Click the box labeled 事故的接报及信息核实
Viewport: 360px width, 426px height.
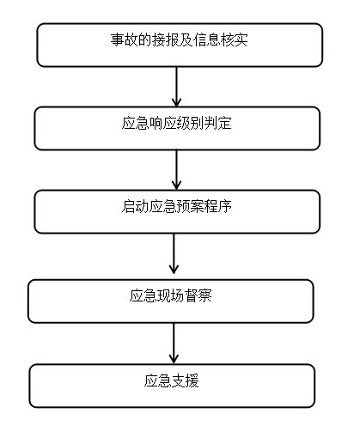180,45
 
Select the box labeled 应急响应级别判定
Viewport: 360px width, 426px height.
177,128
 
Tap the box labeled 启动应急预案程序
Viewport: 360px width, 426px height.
177,211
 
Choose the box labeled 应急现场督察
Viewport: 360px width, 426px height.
171,301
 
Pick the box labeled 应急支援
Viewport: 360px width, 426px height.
172,386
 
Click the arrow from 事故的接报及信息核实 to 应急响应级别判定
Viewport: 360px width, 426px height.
176,87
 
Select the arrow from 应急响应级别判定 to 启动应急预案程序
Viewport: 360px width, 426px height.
176,170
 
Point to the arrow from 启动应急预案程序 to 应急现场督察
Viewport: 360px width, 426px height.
174,253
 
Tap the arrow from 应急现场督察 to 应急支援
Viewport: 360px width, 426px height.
174,344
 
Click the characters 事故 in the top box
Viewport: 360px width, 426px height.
125,40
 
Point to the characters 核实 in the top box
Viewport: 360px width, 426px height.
234,40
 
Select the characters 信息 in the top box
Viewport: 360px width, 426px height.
207,40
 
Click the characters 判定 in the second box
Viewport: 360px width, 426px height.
218,123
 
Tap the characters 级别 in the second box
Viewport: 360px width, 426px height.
191,123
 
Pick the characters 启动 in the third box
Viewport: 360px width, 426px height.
136,206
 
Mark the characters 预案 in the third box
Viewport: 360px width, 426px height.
191,206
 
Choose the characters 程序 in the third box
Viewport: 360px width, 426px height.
218,206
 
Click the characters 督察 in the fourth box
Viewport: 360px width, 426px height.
198,295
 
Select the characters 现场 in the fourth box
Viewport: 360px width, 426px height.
171,295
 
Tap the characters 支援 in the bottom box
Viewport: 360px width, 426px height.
186,380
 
